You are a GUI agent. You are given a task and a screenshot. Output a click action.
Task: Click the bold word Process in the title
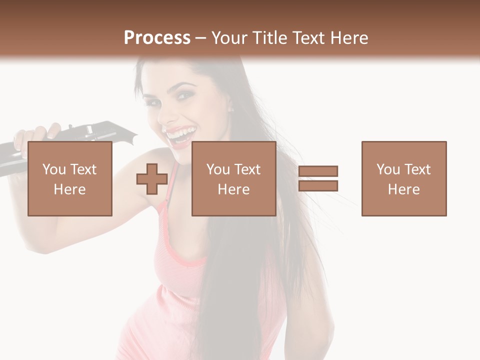(x=157, y=38)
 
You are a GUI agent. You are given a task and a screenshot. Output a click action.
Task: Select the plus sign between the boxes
(x=152, y=178)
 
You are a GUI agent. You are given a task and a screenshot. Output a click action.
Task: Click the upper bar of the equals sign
(x=318, y=171)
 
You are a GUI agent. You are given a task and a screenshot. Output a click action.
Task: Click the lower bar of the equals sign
(x=318, y=186)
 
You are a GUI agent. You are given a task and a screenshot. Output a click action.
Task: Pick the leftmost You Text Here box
(x=70, y=178)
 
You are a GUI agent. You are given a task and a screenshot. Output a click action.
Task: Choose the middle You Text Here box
(x=234, y=178)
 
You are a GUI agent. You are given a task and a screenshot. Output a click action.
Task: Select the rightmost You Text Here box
(x=404, y=178)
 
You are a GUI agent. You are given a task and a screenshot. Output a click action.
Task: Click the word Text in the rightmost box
(x=416, y=169)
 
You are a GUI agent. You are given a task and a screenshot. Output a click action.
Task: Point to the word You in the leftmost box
(x=54, y=169)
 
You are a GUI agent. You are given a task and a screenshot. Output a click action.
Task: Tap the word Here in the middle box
(x=234, y=189)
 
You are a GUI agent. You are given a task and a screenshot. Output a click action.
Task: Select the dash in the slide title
(x=201, y=38)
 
